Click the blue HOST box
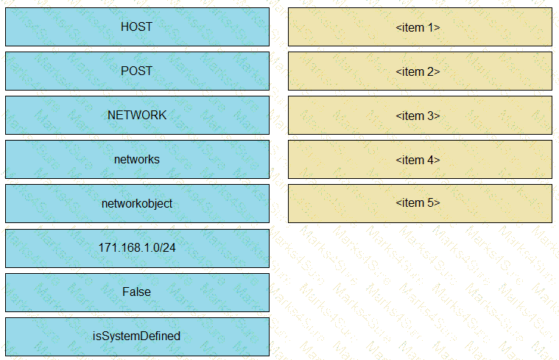137,27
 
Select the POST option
137,71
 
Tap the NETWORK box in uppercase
137,115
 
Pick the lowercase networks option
137,159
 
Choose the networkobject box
137,203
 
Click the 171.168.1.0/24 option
137,248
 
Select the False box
137,292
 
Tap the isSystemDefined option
137,337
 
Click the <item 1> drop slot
420,27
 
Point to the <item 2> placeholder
420,71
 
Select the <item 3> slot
420,115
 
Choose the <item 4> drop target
420,159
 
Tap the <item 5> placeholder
420,203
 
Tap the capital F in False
126,292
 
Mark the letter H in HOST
124,27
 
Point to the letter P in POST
124,71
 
